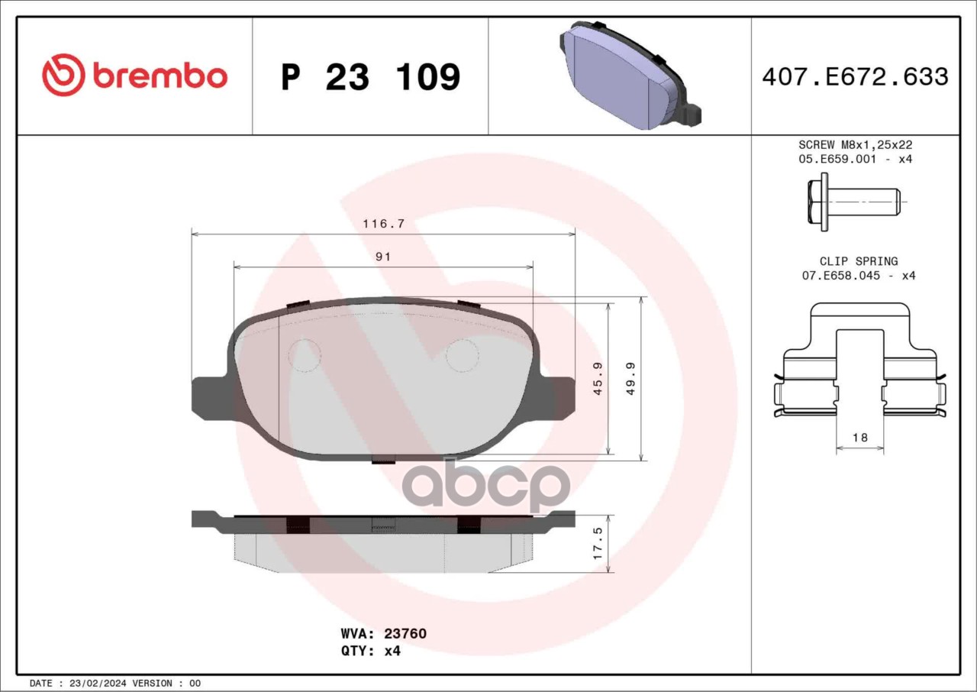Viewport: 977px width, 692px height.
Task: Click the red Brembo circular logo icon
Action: [63, 75]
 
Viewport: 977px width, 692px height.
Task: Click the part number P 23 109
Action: [371, 77]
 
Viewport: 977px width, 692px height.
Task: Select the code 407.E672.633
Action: [856, 76]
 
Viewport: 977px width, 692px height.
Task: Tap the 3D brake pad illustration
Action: [630, 76]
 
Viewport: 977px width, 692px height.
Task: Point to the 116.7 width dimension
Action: [383, 224]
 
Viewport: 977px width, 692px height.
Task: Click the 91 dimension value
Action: [383, 257]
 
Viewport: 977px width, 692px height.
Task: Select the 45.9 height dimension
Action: [598, 379]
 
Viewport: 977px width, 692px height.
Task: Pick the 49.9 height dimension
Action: [630, 379]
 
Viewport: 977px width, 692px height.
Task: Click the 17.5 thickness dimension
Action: [598, 543]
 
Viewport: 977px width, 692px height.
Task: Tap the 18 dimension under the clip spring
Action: [859, 437]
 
